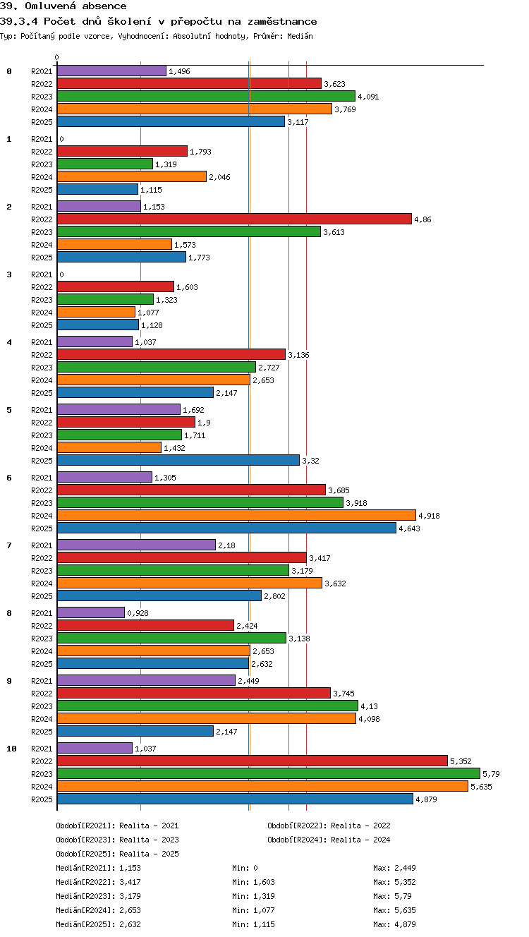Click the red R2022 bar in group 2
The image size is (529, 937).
pyautogui.click(x=234, y=219)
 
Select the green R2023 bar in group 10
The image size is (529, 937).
pyautogui.click(x=269, y=773)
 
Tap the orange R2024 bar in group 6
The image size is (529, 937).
pyautogui.click(x=236, y=515)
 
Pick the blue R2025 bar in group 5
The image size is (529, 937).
pyautogui.click(x=178, y=460)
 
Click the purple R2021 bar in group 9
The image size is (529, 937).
pyautogui.click(x=146, y=680)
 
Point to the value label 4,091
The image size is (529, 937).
pyautogui.click(x=368, y=97)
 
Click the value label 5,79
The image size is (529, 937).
pyautogui.click(x=491, y=774)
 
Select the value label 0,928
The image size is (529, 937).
pyautogui.click(x=138, y=613)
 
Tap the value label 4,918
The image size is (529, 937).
pyautogui.click(x=429, y=516)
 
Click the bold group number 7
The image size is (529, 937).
pyautogui.click(x=9, y=545)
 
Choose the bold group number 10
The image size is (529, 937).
pyautogui.click(x=11, y=749)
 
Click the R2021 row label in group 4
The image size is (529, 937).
pyautogui.click(x=42, y=342)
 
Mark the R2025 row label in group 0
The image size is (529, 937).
pyautogui.click(x=42, y=122)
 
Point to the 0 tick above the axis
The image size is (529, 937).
pyautogui.click(x=57, y=57)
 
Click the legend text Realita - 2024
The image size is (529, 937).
pyautogui.click(x=360, y=840)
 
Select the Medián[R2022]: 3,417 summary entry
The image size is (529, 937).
pyautogui.click(x=98, y=882)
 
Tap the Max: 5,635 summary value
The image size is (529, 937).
pyautogui.click(x=394, y=909)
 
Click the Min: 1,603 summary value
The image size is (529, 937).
pyautogui.click(x=253, y=882)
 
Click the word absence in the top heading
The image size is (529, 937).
pyautogui.click(x=104, y=6)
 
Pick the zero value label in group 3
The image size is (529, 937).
pyautogui.click(x=61, y=274)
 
